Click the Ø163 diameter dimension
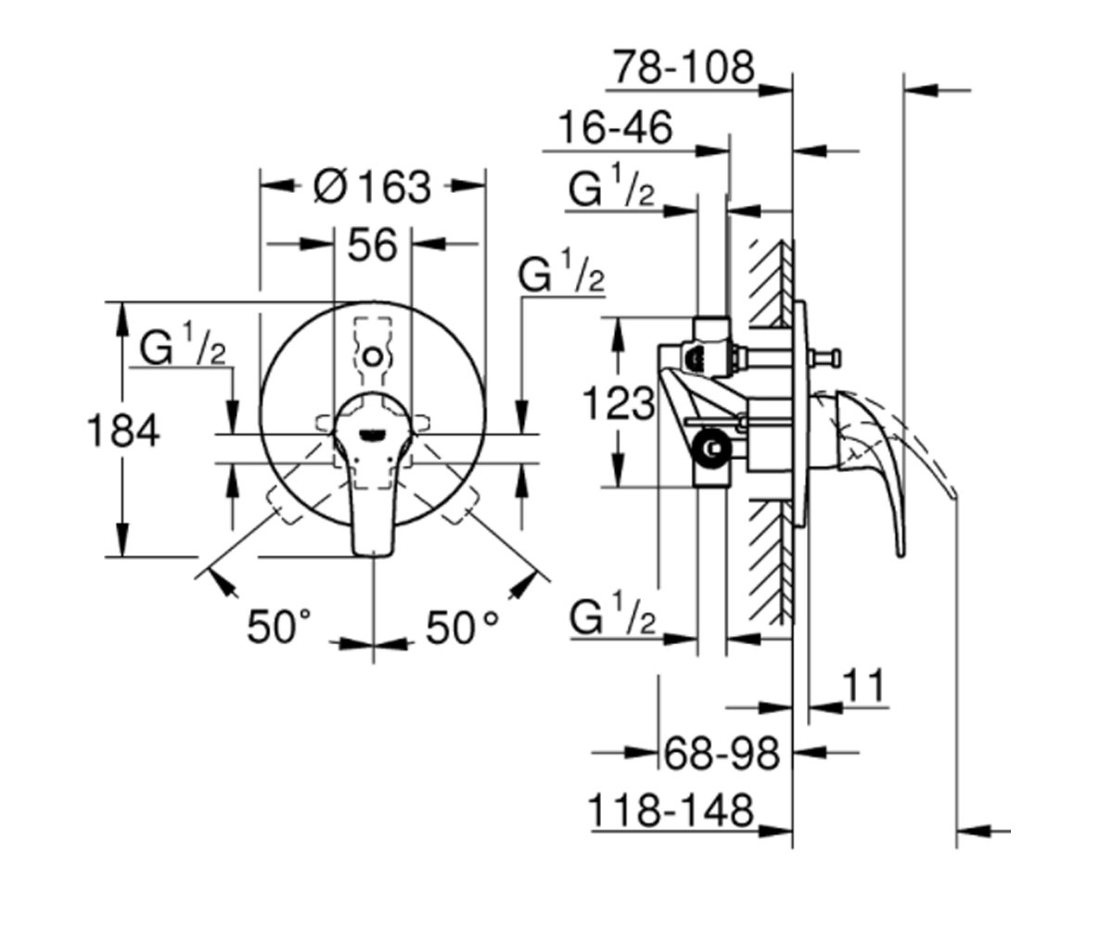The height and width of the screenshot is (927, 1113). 372,187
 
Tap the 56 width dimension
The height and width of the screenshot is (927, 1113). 372,245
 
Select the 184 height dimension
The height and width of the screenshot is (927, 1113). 123,430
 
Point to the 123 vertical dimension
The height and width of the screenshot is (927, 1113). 619,403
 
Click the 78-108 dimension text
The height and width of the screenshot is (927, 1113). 684,68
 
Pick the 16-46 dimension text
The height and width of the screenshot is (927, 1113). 615,128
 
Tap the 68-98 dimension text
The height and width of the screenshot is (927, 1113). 723,754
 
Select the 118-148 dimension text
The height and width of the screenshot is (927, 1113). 672,811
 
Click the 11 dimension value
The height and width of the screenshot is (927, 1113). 863,686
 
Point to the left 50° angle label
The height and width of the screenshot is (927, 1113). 278,626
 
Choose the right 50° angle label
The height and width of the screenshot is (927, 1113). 462,626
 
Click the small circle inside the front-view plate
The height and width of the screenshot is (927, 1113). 372,356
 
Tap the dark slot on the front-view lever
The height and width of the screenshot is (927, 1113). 372,436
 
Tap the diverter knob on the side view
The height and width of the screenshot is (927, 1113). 827,355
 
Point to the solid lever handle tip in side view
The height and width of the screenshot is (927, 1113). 901,554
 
